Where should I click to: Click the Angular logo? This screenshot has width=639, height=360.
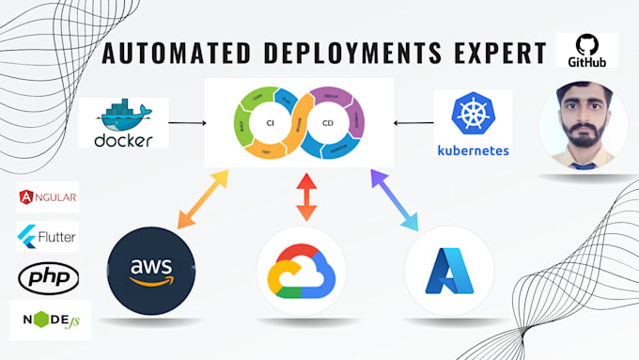47,198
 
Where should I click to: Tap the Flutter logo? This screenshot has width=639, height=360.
47,236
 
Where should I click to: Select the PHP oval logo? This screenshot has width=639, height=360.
48,276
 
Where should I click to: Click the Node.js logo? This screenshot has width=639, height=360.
49,320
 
